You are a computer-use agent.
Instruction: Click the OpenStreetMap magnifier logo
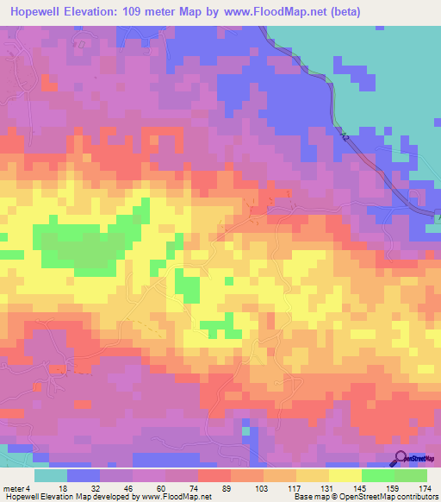[401, 459]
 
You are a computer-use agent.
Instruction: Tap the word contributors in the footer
[417, 497]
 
